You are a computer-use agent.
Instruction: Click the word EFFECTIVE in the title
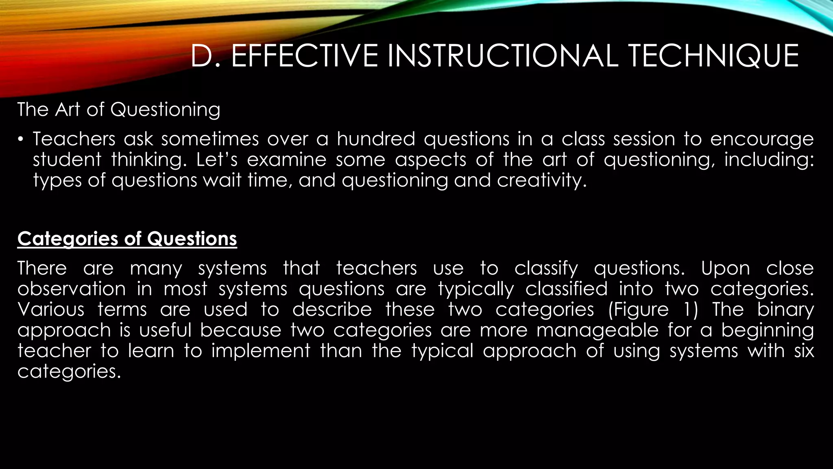pyautogui.click(x=305, y=56)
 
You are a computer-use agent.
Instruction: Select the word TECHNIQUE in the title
pyautogui.click(x=713, y=56)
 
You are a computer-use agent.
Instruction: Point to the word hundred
pyautogui.click(x=376, y=139)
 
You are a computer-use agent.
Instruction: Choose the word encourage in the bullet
pyautogui.click(x=762, y=139)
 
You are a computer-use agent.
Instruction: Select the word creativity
pyautogui.click(x=542, y=180)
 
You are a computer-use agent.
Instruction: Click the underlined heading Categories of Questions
pyautogui.click(x=127, y=239)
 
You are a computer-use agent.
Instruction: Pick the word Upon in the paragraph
pyautogui.click(x=725, y=269)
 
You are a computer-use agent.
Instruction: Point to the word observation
pyautogui.click(x=72, y=289)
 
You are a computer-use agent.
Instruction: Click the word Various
pyautogui.click(x=51, y=310)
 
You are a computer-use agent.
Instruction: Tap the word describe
pyautogui.click(x=332, y=310)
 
